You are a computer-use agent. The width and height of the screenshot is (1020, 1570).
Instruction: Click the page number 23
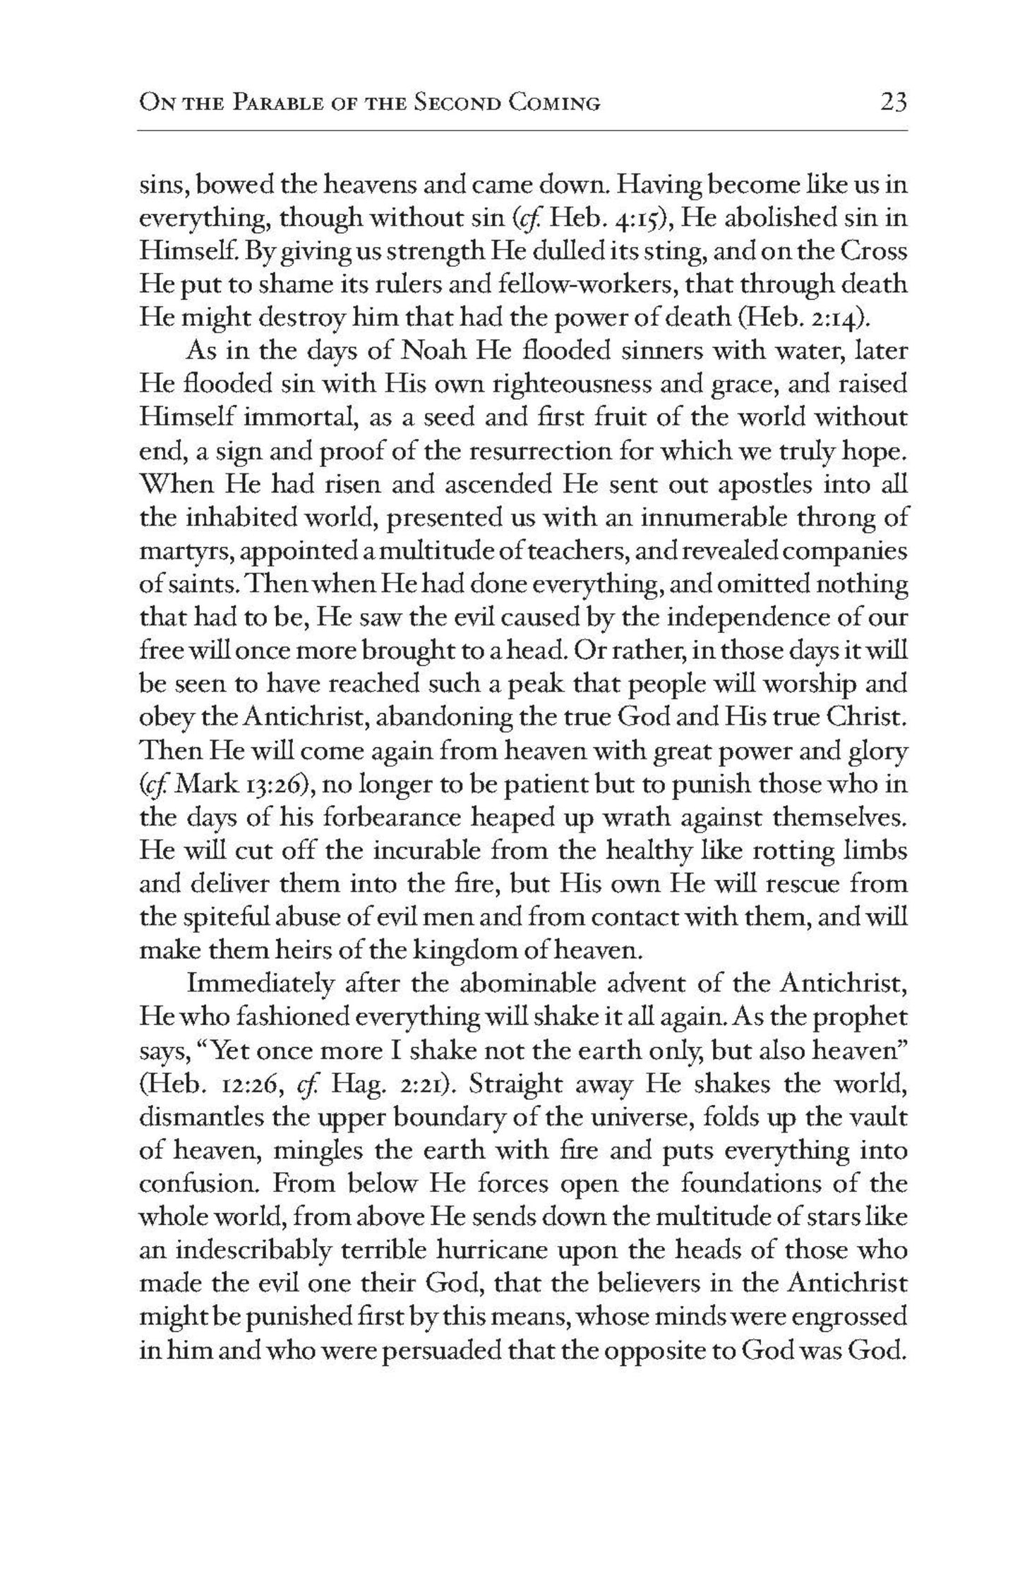[x=892, y=102]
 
